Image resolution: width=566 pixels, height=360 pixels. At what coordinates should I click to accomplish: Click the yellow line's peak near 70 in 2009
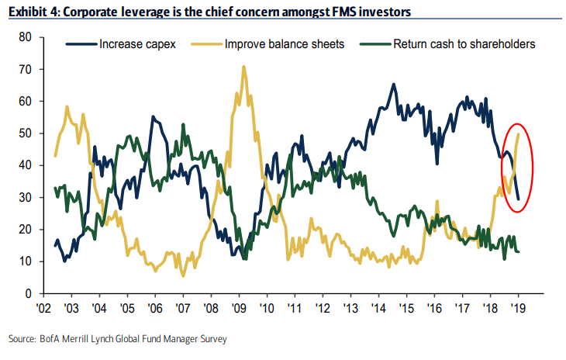(x=244, y=67)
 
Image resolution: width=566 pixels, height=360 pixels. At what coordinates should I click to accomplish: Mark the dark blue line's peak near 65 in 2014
(x=394, y=85)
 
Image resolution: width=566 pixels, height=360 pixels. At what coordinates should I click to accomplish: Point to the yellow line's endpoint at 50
(x=518, y=133)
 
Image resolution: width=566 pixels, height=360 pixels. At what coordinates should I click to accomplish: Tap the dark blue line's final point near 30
(x=518, y=199)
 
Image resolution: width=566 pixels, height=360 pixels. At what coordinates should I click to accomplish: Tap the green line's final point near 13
(x=518, y=251)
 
